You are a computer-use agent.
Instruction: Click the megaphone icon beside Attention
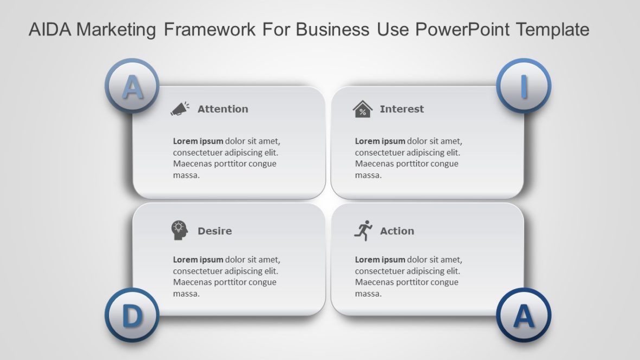tap(180, 109)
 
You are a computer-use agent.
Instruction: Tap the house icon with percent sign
tap(362, 109)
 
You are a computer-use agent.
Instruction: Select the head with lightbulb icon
tap(180, 230)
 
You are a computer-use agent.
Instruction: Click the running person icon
tap(363, 230)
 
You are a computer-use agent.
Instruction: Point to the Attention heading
tap(222, 109)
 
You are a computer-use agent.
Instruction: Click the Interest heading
tap(401, 109)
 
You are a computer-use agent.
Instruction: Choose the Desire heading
tap(214, 231)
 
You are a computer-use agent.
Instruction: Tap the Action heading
tap(396, 231)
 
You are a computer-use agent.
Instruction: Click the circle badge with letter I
tap(523, 86)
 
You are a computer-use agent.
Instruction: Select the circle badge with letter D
tap(131, 316)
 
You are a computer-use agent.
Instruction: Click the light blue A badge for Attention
tap(132, 86)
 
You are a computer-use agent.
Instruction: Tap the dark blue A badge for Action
tap(523, 316)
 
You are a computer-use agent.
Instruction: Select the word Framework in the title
tap(210, 29)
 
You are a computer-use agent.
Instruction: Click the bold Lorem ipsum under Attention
tap(198, 141)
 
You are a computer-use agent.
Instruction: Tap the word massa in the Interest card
tap(368, 175)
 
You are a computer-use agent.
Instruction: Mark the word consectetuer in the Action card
tap(379, 271)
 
